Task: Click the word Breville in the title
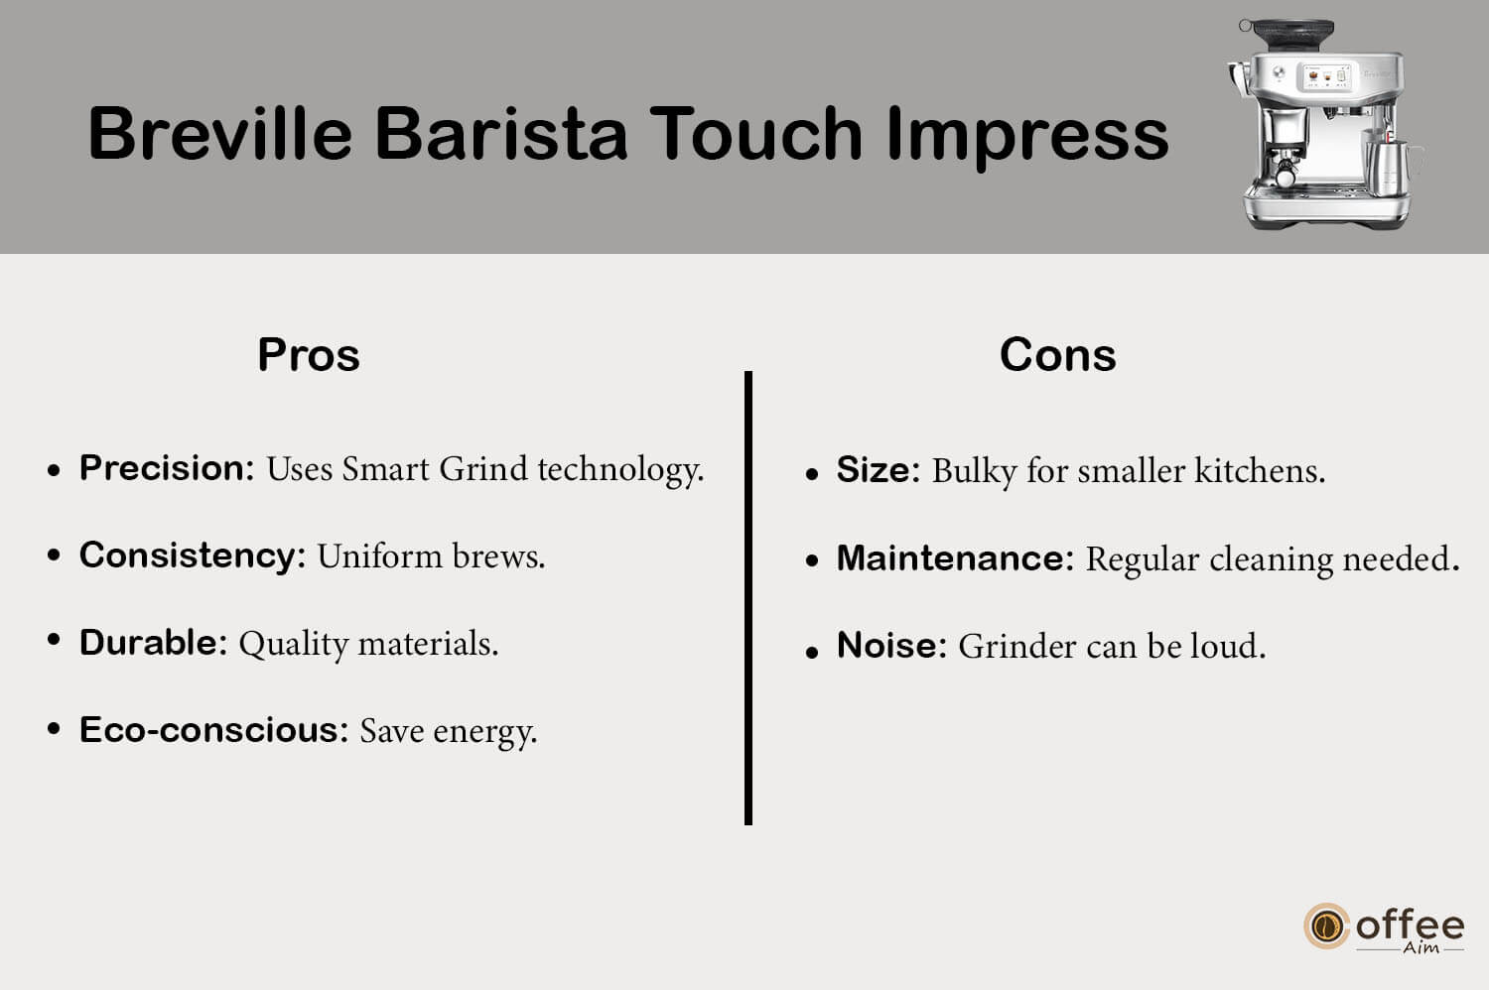click(220, 133)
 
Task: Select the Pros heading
click(309, 355)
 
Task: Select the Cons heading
click(1057, 355)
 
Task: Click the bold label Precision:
click(167, 468)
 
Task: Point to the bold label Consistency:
click(193, 556)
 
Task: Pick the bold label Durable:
click(154, 643)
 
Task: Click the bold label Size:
click(879, 470)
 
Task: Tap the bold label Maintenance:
click(955, 558)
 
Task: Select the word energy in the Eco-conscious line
click(485, 733)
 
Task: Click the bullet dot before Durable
click(54, 641)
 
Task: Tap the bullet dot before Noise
click(811, 653)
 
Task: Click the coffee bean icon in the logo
click(1326, 926)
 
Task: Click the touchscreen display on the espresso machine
click(1326, 77)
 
